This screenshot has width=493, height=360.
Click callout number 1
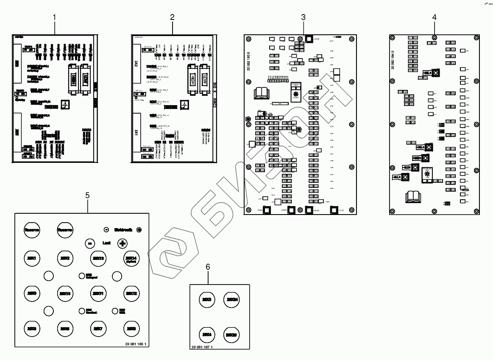click(54, 17)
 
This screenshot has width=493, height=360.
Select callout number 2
click(172, 17)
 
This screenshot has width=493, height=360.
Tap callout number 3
click(303, 17)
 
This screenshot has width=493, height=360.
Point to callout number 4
click(434, 17)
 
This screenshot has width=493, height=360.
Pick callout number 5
click(87, 195)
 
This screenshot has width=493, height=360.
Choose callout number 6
click(208, 267)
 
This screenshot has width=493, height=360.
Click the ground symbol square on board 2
click(184, 105)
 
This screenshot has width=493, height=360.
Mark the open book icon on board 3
click(260, 92)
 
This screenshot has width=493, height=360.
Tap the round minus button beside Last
click(89, 243)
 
